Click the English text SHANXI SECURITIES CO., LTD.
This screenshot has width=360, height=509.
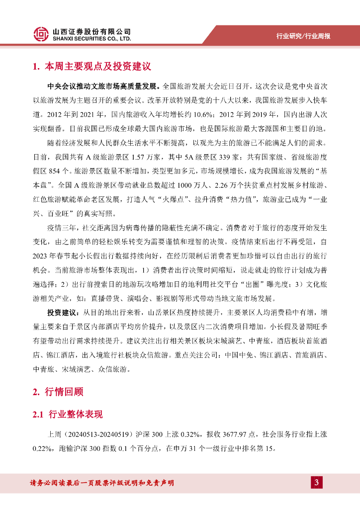[92, 38]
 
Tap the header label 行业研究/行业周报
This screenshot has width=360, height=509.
[303, 36]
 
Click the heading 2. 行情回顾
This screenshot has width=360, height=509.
[58, 392]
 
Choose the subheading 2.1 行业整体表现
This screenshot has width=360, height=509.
[68, 415]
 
